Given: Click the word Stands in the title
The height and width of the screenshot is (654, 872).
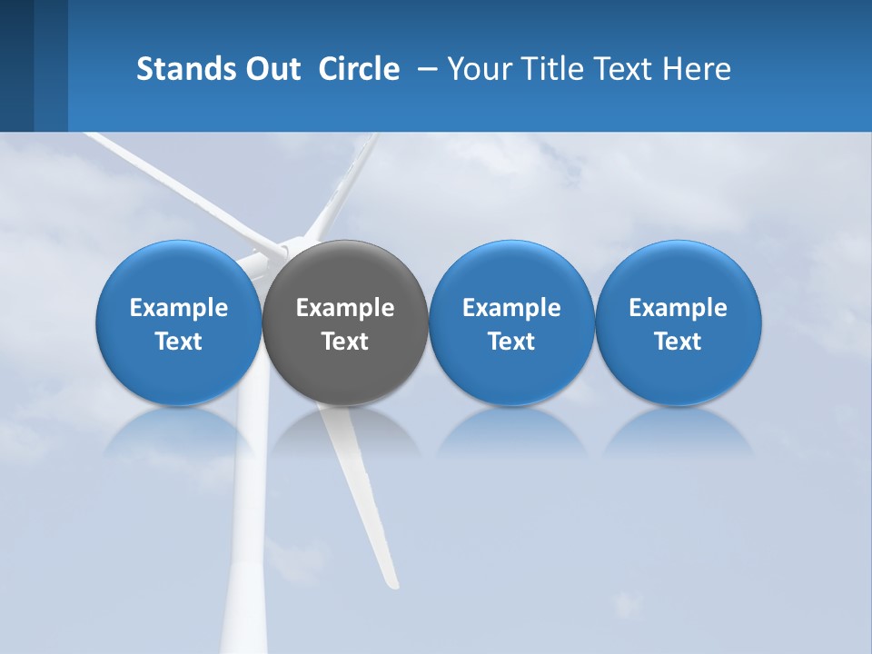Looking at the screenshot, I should tap(180, 69).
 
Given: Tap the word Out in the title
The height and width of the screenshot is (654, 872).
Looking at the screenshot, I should tap(271, 69).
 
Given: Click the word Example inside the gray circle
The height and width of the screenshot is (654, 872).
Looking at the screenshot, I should tap(345, 308).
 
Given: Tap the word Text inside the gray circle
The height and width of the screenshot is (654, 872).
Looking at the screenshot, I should tap(345, 342).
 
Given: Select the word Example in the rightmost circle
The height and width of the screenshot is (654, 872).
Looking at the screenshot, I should tap(679, 308).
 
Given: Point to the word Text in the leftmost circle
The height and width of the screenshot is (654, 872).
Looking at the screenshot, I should tap(179, 342).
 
